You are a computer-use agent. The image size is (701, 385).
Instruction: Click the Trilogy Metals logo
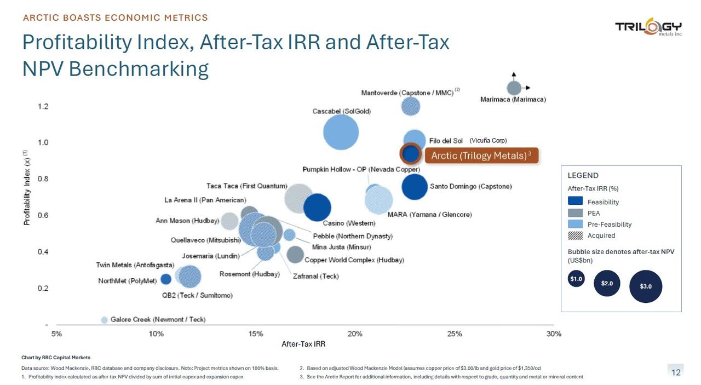tap(648, 27)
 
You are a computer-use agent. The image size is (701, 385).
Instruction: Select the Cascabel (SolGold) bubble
tap(341, 132)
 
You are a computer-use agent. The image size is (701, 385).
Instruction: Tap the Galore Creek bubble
tap(104, 320)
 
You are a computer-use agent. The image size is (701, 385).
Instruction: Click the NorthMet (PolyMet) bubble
tap(165, 279)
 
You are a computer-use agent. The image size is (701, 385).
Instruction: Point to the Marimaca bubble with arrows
tap(514, 88)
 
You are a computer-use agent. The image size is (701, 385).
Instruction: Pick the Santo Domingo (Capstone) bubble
tap(415, 187)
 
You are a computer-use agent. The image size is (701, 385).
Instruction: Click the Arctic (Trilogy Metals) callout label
tap(481, 156)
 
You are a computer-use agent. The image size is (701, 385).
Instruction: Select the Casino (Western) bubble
tap(317, 208)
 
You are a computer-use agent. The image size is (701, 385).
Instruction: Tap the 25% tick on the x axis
tap(455, 334)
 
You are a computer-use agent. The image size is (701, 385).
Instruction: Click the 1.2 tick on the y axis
tap(43, 106)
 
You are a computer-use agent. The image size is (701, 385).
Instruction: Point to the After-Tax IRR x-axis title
tap(303, 344)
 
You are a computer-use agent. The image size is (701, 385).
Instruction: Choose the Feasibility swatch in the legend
tap(575, 202)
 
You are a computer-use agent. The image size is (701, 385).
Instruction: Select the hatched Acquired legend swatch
tap(575, 235)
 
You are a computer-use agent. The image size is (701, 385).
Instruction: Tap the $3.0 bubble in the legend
tap(646, 286)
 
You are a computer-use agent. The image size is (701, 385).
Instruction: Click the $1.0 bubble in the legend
tap(576, 279)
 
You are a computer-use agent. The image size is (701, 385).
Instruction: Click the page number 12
tap(676, 372)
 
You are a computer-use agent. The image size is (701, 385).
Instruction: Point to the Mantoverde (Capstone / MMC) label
tap(407, 93)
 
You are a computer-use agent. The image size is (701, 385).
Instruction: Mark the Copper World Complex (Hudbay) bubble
tap(295, 254)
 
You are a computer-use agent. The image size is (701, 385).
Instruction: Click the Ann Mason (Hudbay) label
tap(187, 221)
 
